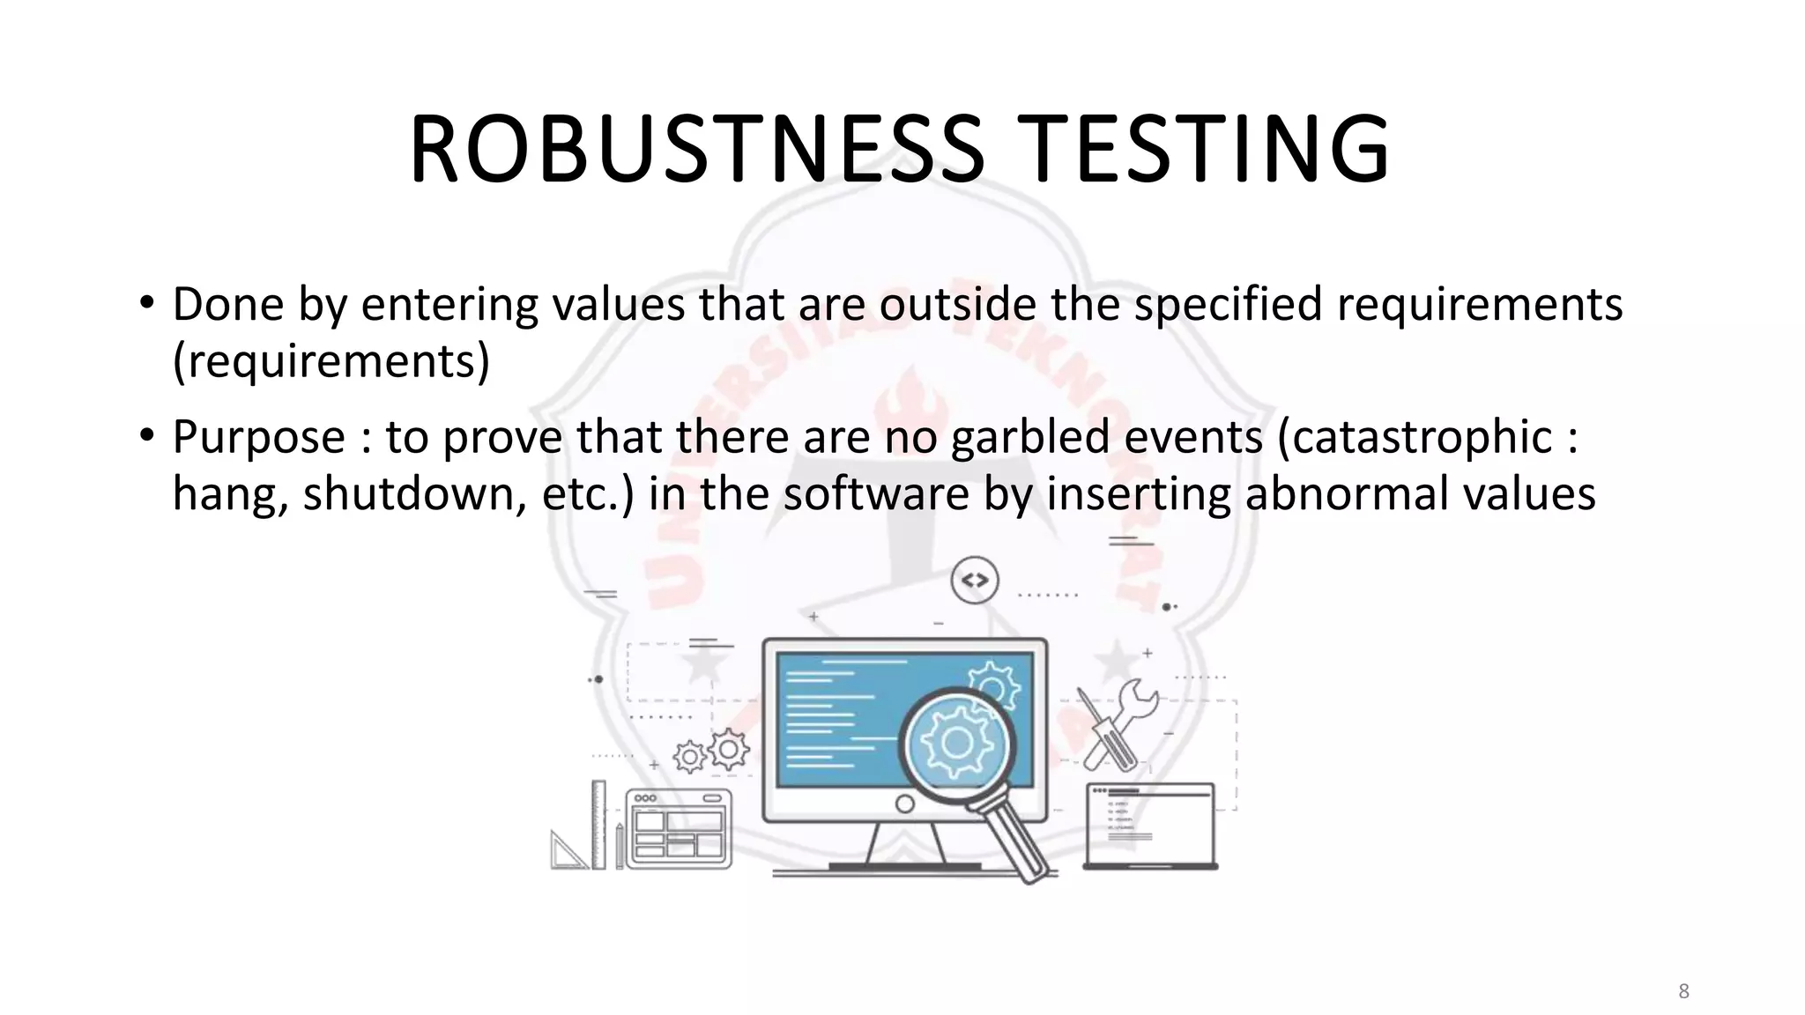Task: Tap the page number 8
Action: coord(1683,991)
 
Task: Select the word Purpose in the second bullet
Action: coord(258,438)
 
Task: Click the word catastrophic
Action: coord(1415,438)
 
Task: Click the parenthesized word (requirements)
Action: coord(331,361)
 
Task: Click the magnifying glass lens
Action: coord(956,745)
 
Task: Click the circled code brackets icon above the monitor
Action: coord(975,581)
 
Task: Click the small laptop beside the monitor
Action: coord(1149,826)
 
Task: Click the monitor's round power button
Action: coord(904,804)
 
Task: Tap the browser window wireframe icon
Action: coord(679,828)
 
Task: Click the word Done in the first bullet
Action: coord(228,305)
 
